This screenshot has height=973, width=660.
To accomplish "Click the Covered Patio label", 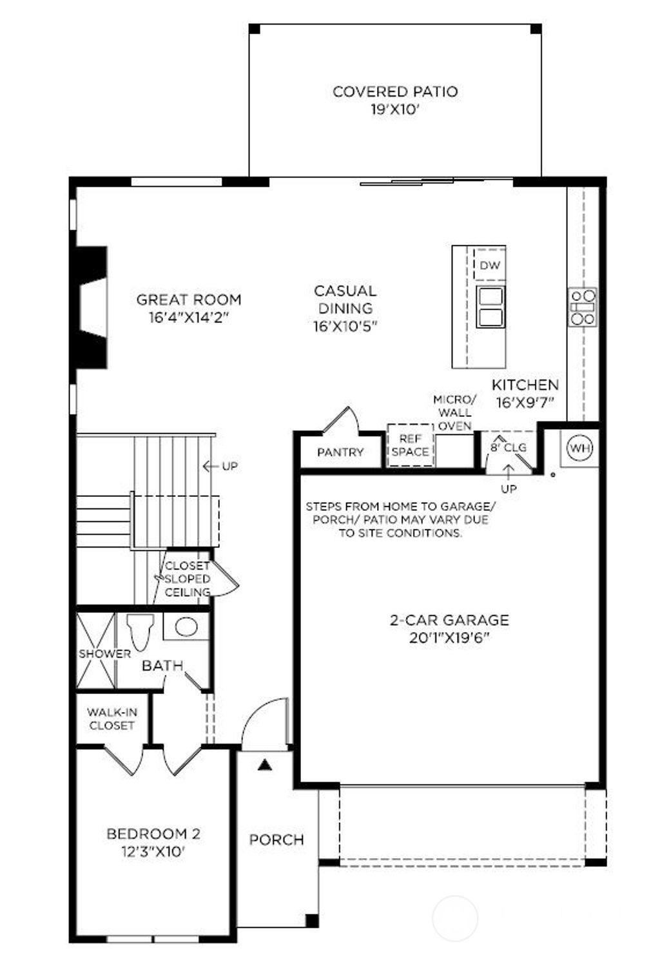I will point(395,92).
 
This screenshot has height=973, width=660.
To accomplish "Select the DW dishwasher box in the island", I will point(490,265).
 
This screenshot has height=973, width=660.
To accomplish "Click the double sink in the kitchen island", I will point(490,307).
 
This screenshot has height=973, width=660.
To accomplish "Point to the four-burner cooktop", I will point(582,307).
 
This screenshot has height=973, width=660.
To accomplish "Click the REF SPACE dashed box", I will point(410,445).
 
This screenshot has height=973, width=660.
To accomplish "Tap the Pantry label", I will point(340,452).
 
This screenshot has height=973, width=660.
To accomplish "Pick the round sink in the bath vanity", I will point(186,626).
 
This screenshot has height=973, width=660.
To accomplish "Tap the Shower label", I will point(104,653).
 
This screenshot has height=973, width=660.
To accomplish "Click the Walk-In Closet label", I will point(112,718).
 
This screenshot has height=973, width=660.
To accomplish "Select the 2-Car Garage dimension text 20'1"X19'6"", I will point(449,638).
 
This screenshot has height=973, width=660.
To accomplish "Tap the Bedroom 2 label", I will point(153,834).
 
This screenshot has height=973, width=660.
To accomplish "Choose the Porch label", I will point(277,840).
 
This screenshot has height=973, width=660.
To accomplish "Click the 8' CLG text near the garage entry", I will point(509,447).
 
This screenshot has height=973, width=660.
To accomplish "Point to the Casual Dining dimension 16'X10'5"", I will point(345,326).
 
